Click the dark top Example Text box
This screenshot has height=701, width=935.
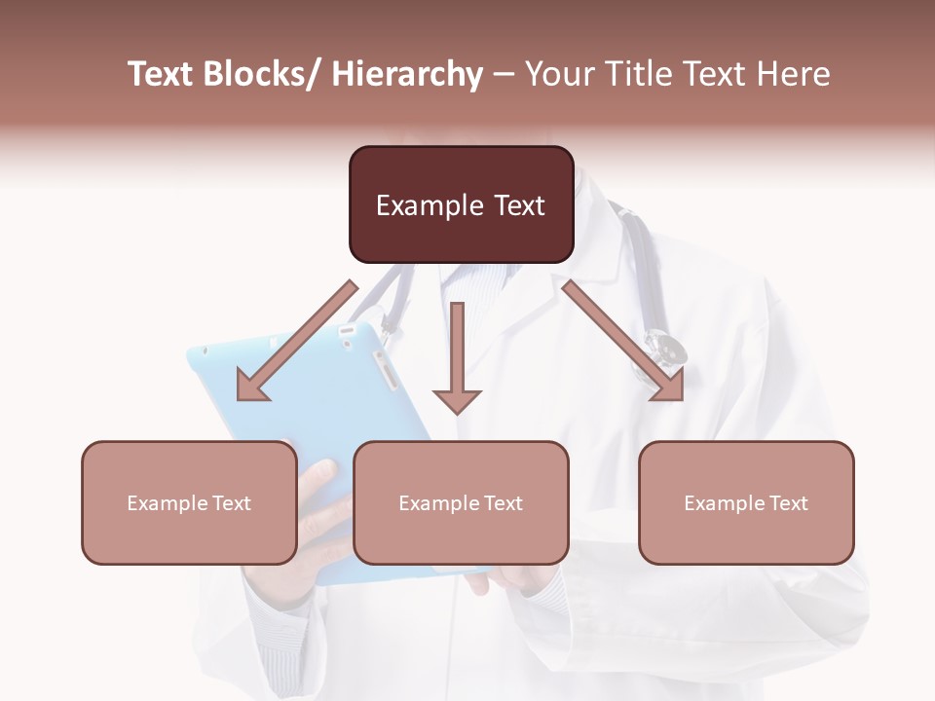pos(461,204)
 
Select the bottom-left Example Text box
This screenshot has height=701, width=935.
pos(189,503)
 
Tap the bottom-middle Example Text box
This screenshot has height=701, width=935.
pos(461,503)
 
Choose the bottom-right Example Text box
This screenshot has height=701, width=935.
pos(746,503)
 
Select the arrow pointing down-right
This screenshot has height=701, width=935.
pos(623,341)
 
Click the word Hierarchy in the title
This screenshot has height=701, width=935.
pos(407,74)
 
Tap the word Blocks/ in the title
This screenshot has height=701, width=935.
pos(261,74)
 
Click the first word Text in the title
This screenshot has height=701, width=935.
pos(161,74)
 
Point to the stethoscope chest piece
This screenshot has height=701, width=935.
pos(665,348)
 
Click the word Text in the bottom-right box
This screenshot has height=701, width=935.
pos(788,503)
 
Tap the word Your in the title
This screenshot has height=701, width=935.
pos(558,74)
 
